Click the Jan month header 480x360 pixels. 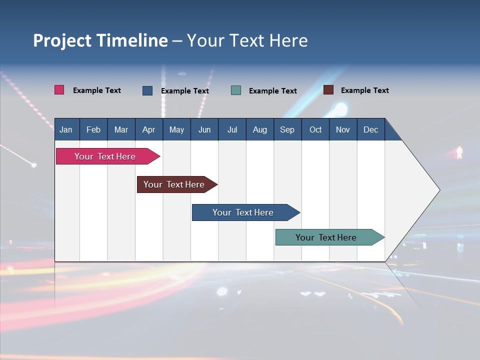[x=66, y=129]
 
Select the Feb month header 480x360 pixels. [x=93, y=129]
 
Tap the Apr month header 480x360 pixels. [x=148, y=129]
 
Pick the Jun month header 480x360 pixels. [x=204, y=129]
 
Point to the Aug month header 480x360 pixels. [x=259, y=129]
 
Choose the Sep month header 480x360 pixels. [x=287, y=129]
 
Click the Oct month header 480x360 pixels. [x=315, y=129]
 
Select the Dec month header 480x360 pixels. [x=370, y=129]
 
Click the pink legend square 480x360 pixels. [x=59, y=90]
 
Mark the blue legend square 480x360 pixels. [x=147, y=90]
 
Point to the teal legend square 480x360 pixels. [x=236, y=90]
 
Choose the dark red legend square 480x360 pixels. [x=328, y=90]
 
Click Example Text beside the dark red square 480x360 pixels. [x=364, y=90]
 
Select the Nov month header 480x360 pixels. [x=343, y=129]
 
